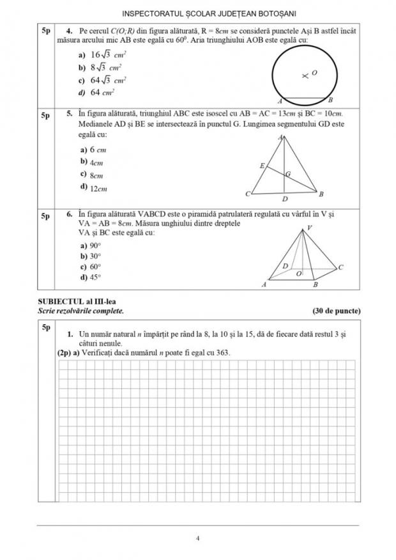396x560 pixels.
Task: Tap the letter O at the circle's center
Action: (314, 74)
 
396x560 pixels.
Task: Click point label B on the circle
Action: (330, 100)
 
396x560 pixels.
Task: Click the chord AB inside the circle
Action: (304, 98)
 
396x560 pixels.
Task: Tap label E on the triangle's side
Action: (262, 166)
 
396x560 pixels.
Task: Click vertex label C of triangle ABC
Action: (248, 194)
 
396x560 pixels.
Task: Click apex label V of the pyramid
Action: (310, 228)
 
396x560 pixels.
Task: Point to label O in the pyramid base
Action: (298, 273)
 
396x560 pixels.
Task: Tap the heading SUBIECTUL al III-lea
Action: (78, 301)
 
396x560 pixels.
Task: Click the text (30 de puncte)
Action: (337, 311)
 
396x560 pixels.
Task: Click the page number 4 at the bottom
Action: (199, 538)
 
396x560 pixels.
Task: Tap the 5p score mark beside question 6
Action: (45, 216)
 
